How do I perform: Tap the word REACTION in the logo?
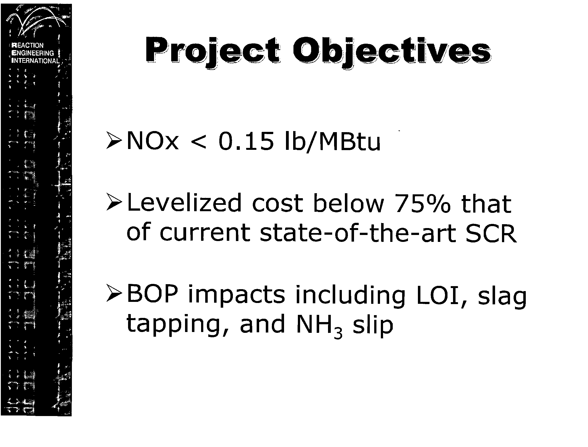[28, 45]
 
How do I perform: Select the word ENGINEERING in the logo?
[33, 53]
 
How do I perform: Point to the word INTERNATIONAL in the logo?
[35, 61]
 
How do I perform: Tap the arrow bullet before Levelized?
[114, 205]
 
